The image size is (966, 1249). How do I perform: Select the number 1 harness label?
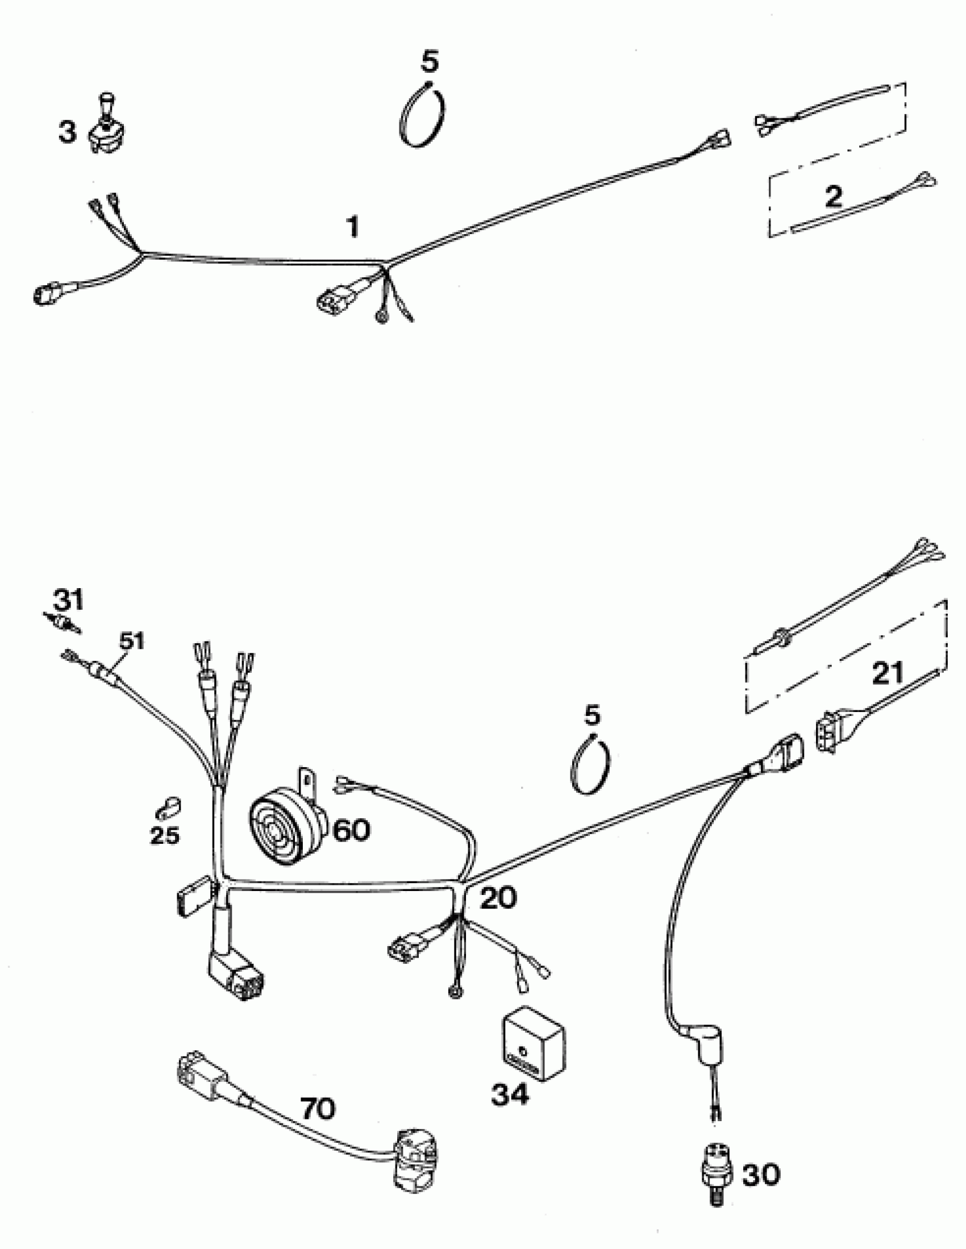tap(354, 227)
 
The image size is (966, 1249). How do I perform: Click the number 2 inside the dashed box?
tap(834, 197)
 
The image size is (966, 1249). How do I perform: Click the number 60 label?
tap(351, 830)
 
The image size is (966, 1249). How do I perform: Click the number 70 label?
tap(318, 1109)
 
